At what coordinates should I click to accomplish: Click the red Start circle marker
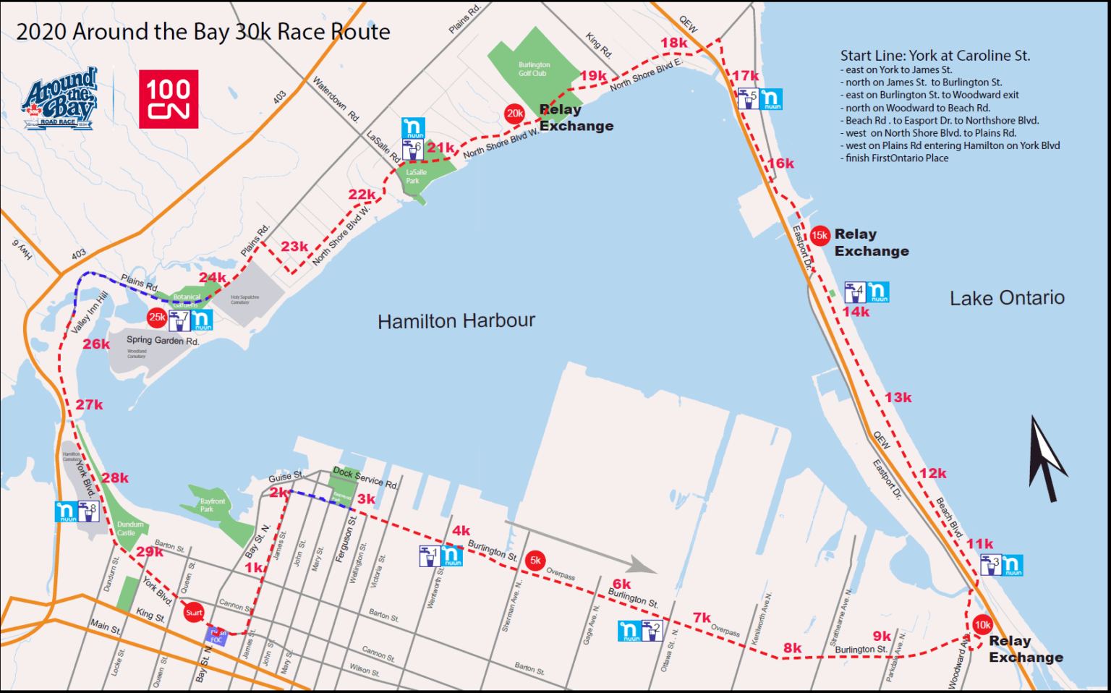[x=194, y=613]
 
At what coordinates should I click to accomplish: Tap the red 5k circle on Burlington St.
[x=535, y=561]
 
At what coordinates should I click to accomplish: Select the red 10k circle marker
[x=982, y=625]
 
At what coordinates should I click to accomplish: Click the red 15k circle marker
[x=820, y=235]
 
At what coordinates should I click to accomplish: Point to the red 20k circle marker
[x=514, y=114]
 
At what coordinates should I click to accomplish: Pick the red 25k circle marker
[x=157, y=317]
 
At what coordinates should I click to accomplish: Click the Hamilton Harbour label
[x=456, y=321]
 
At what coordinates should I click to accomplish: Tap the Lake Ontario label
[x=1007, y=298]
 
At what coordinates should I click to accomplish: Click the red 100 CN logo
[x=169, y=99]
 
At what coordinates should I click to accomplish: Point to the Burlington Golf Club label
[x=534, y=69]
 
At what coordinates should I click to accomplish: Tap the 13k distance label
[x=898, y=398]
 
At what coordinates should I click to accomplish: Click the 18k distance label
[x=673, y=43]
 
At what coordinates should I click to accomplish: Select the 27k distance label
[x=89, y=405]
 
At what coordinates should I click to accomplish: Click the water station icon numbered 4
[x=855, y=292]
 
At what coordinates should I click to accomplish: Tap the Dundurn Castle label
[x=129, y=529]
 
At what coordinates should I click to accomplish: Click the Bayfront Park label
[x=213, y=505]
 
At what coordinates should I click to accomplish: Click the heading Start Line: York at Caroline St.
[x=935, y=56]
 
